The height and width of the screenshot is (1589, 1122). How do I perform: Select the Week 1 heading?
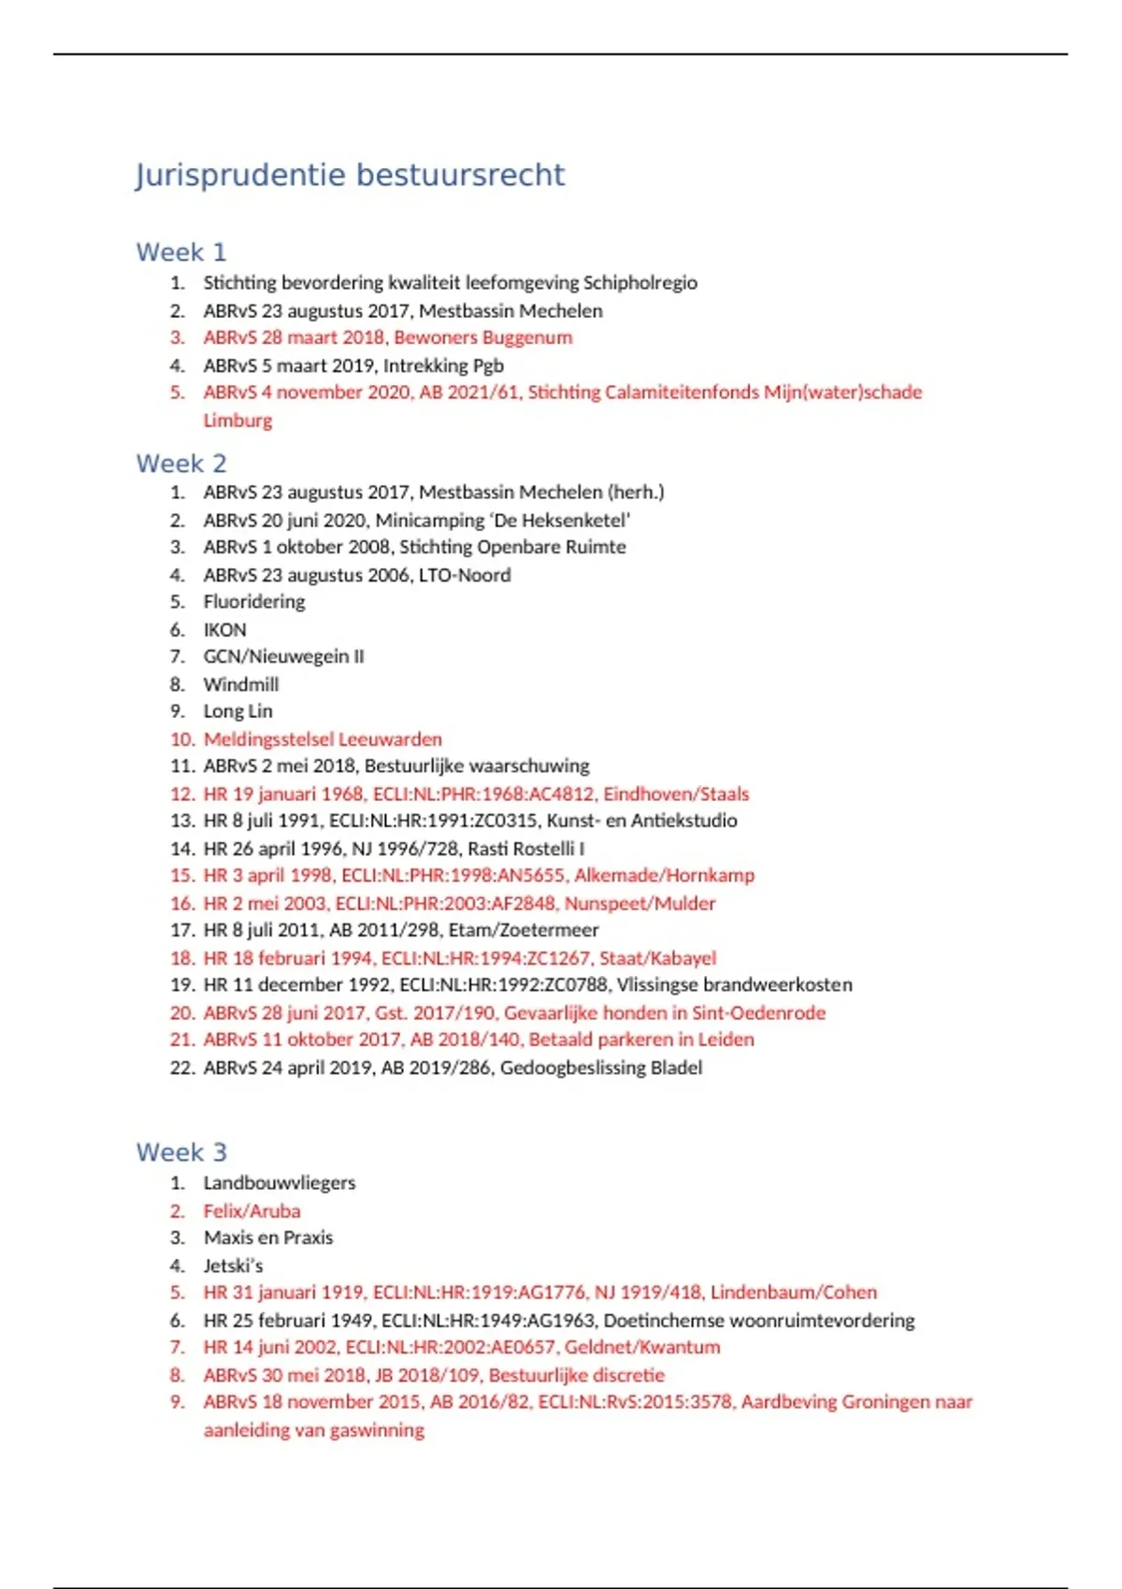coord(181,252)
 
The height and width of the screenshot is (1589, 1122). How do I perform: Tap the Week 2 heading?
coord(181,464)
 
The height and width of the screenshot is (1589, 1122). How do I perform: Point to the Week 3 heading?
coord(181,1152)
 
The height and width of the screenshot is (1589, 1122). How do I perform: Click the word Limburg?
coord(237,421)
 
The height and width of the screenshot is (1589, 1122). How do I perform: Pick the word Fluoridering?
coord(254,602)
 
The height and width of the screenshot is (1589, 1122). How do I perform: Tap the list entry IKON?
coord(225,630)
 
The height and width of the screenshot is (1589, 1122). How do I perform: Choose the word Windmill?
coord(241,684)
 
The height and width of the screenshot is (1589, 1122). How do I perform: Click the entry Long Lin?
coord(238,711)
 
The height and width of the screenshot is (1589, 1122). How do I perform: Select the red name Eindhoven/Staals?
coord(676,794)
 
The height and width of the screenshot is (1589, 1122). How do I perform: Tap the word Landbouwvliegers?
coord(280,1183)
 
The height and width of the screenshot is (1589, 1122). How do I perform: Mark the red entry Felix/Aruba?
coord(252,1211)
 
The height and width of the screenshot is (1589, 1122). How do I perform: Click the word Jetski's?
coord(233,1266)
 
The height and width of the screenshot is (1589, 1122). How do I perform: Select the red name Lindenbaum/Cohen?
coord(794,1293)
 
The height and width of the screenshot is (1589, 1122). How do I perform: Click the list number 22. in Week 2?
coord(181,1067)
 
